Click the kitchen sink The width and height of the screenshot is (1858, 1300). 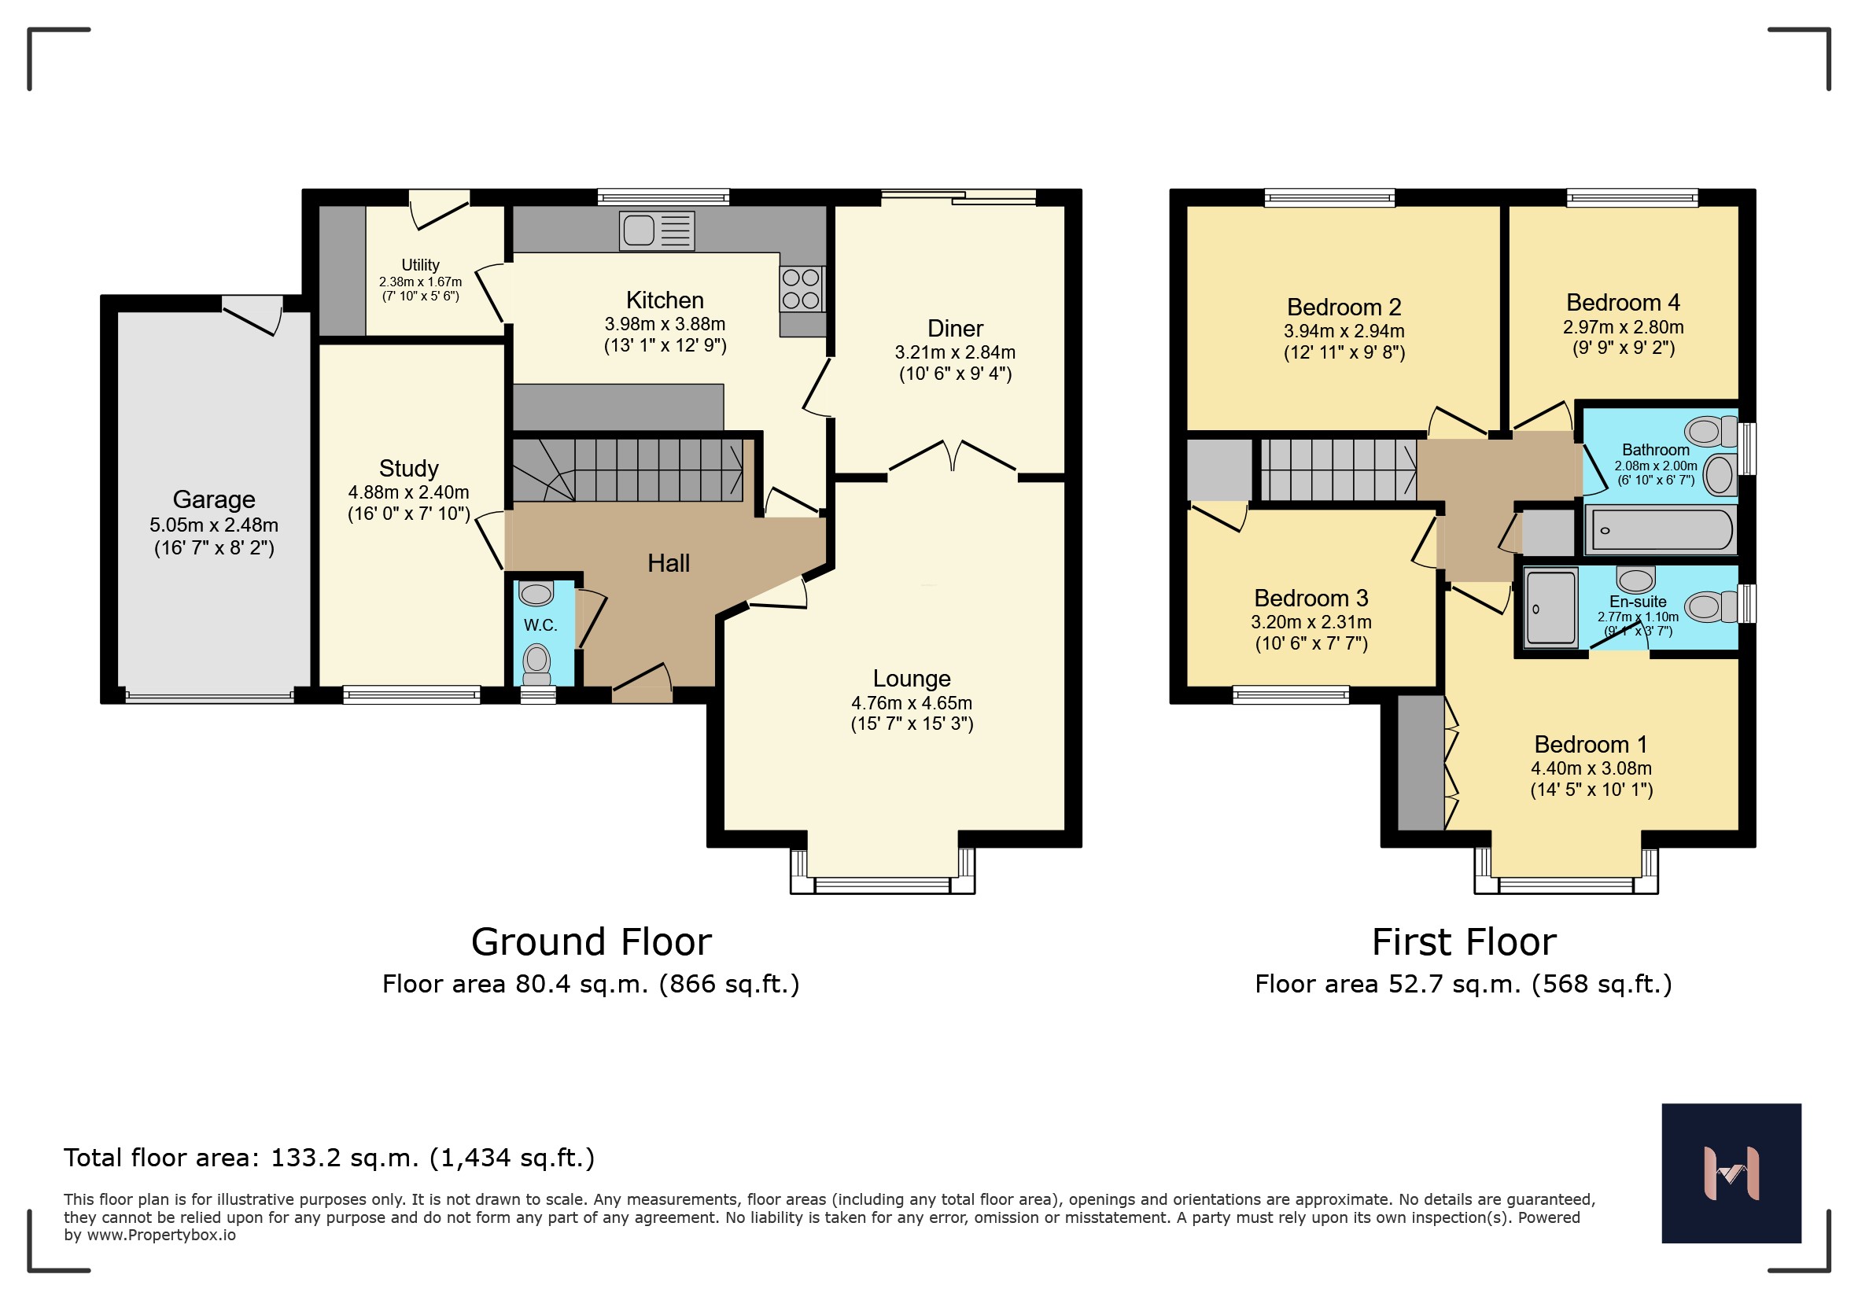pyautogui.click(x=657, y=230)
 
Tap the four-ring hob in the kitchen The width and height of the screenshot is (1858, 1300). pyautogui.click(x=802, y=289)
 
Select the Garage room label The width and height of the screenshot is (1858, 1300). pyautogui.click(x=214, y=499)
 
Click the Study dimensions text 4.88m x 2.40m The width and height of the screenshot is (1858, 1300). pyautogui.click(x=409, y=492)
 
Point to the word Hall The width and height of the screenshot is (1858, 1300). pyautogui.click(x=669, y=563)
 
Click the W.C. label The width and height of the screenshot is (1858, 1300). pyautogui.click(x=540, y=624)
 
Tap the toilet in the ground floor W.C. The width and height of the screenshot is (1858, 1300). pyautogui.click(x=536, y=665)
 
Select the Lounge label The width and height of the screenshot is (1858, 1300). pyautogui.click(x=911, y=678)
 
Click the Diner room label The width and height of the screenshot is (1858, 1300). pyautogui.click(x=955, y=329)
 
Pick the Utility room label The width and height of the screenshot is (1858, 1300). pyautogui.click(x=420, y=264)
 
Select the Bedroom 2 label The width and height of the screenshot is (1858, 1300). pyautogui.click(x=1344, y=308)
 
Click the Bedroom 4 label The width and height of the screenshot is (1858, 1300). pyautogui.click(x=1624, y=303)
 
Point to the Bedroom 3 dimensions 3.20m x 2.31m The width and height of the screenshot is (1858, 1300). pyautogui.click(x=1311, y=621)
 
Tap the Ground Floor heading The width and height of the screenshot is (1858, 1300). pyautogui.click(x=592, y=941)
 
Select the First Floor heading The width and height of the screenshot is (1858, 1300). pyautogui.click(x=1464, y=941)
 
